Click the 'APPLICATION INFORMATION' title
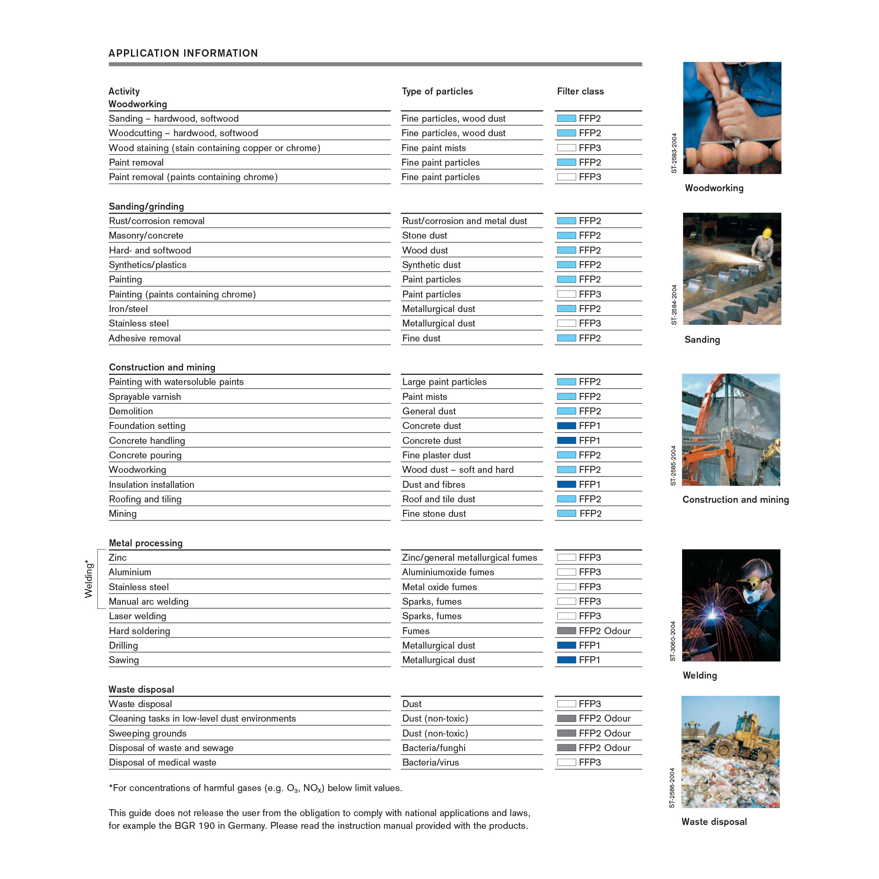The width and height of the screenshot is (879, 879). click(x=183, y=53)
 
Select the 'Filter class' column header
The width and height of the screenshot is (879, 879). click(x=580, y=91)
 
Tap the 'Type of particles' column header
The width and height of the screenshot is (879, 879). click(x=437, y=91)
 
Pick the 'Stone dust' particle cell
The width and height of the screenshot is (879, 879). click(x=425, y=236)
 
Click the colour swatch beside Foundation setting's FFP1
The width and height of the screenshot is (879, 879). click(x=567, y=426)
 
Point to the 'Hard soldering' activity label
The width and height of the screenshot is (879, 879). click(x=139, y=631)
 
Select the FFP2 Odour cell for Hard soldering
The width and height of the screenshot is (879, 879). click(x=604, y=631)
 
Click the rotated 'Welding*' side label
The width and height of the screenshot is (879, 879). click(x=88, y=579)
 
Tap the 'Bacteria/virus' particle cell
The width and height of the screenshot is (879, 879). click(x=430, y=763)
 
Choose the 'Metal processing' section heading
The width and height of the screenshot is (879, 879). click(x=145, y=543)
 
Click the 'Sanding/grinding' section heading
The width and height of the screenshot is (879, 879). click(x=146, y=207)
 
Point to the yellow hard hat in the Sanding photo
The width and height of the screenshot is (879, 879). click(x=767, y=233)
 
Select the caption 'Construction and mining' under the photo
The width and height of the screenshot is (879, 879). click(x=735, y=500)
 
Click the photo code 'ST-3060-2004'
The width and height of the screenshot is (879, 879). click(x=673, y=641)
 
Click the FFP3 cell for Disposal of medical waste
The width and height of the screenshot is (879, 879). click(x=590, y=763)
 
